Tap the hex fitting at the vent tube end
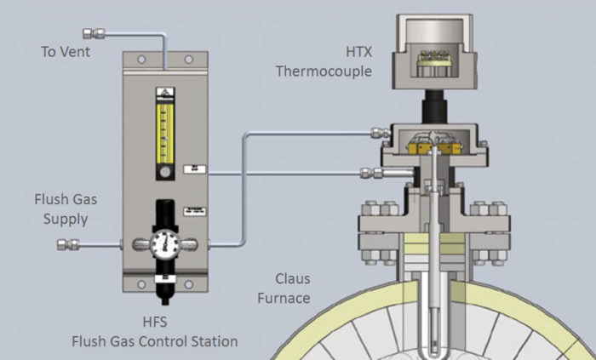pyautogui.click(x=89, y=33)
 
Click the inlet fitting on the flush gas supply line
pyautogui.click(x=67, y=245)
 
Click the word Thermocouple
pyautogui.click(x=324, y=71)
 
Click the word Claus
pyautogui.click(x=292, y=279)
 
